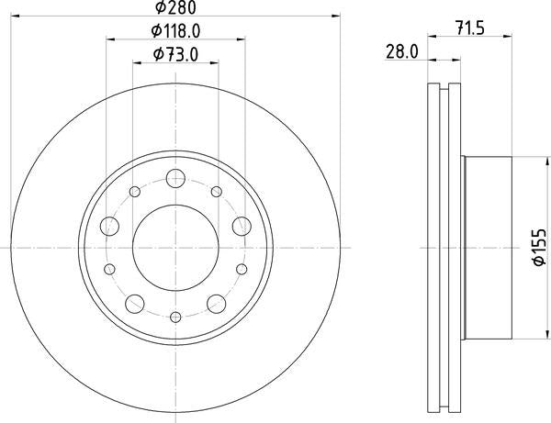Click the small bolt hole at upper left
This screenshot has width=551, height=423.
134,192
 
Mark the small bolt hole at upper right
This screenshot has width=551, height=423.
217,192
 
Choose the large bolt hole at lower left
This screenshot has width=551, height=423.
133,301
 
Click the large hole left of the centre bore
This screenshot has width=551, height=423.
107,224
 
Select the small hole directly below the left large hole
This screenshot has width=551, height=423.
109,268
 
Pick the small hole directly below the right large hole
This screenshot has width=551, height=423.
241,268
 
